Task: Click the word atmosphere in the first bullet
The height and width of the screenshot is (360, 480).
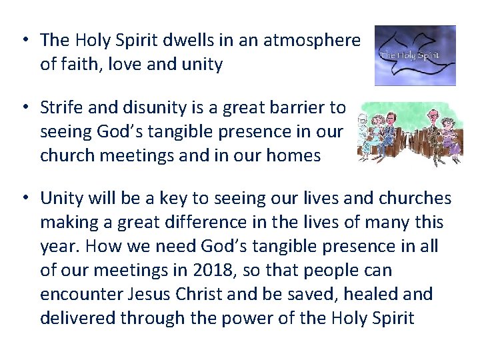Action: (x=311, y=40)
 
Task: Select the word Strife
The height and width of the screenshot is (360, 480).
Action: (x=62, y=107)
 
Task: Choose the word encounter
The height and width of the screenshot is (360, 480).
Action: (x=82, y=295)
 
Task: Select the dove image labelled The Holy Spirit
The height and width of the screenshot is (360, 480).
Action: (x=415, y=55)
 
